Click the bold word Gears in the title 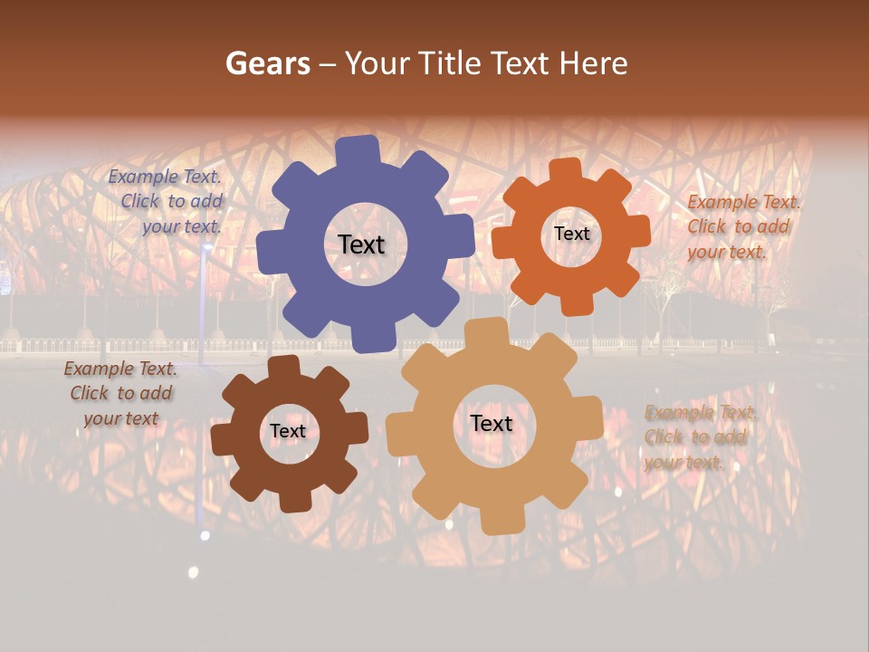click(x=267, y=63)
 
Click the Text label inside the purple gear click(x=361, y=244)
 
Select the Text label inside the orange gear click(x=571, y=234)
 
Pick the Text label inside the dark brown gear click(x=288, y=432)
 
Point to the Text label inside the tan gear click(x=492, y=424)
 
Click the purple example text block click(x=166, y=202)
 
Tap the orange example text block click(x=743, y=226)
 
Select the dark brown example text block click(x=120, y=394)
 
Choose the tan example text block click(x=700, y=437)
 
